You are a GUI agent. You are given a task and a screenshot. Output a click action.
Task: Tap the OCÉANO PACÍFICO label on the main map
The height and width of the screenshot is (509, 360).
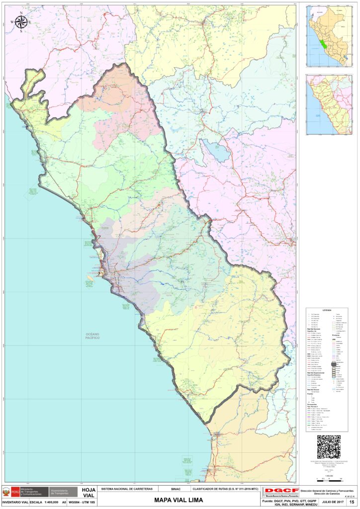pos(92,336)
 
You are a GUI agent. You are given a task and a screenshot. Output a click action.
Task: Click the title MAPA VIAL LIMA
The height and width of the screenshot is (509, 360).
pos(179,500)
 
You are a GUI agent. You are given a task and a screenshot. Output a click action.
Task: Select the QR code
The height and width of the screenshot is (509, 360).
pos(329,446)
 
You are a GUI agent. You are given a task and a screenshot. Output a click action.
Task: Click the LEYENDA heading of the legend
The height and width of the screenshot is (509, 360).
pos(327,310)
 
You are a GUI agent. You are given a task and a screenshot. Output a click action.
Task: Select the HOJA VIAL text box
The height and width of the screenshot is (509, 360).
pos(89,492)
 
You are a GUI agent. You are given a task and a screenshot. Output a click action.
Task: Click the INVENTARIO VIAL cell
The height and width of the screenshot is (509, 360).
pos(14,503)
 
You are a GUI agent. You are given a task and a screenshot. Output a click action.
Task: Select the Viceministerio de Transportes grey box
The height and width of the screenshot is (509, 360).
pos(64,492)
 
